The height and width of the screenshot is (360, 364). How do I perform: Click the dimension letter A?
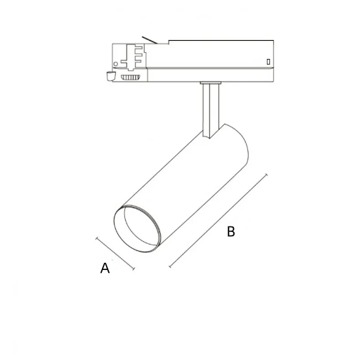(x=105, y=268)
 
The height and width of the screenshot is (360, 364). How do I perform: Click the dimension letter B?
(x=230, y=231)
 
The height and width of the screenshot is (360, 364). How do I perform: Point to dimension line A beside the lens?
(x=115, y=253)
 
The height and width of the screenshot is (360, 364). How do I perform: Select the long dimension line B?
(x=219, y=221)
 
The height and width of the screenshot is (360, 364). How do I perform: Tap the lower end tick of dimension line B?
(x=170, y=267)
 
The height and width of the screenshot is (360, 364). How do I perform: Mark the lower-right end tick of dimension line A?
(x=133, y=269)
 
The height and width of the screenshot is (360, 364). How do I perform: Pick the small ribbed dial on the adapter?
(x=130, y=78)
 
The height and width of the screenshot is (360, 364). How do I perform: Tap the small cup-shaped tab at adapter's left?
(x=110, y=76)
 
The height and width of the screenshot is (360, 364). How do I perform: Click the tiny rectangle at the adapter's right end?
(x=268, y=63)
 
